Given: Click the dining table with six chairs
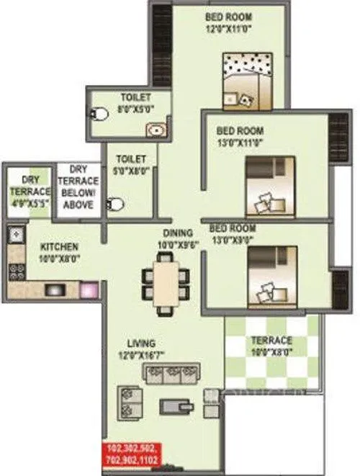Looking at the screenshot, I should click(165, 282).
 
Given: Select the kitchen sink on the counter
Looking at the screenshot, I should click(15, 234).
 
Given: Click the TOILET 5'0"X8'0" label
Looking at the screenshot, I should click(130, 163).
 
